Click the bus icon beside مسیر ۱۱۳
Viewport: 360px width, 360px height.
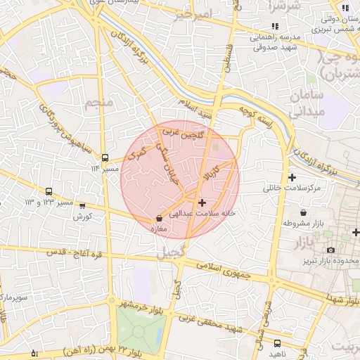point(105,158)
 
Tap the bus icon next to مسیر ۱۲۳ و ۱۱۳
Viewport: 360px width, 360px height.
point(49,191)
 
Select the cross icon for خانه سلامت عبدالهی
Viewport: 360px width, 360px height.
point(202,202)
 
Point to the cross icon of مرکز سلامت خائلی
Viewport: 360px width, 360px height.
point(292,177)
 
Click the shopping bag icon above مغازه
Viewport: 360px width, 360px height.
point(159,218)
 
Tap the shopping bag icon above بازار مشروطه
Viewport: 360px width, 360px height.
point(303,212)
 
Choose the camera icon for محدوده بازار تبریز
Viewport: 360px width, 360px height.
point(330,250)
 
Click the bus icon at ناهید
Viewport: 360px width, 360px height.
point(277,343)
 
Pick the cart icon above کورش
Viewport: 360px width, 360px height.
point(83,207)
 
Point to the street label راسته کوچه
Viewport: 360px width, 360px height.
point(255,116)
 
